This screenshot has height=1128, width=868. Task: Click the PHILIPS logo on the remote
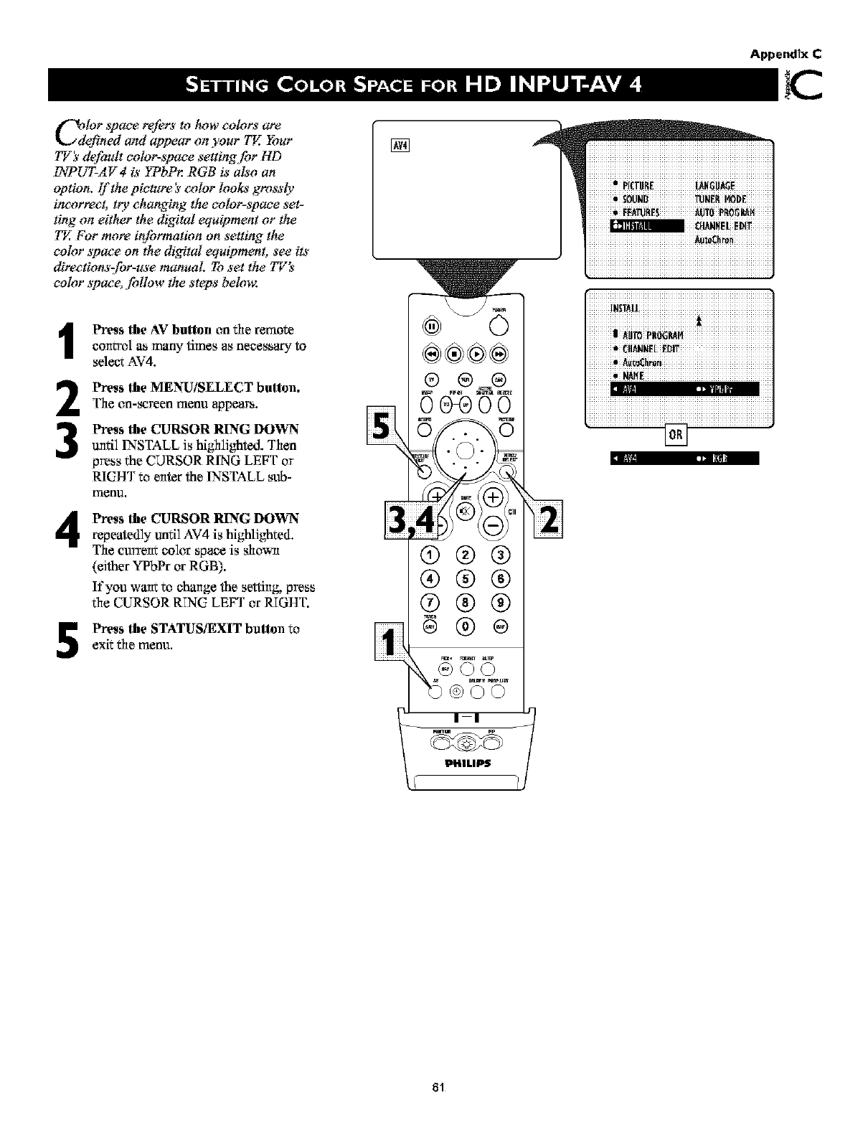pos(466,762)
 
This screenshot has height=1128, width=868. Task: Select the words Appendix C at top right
pos(786,53)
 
